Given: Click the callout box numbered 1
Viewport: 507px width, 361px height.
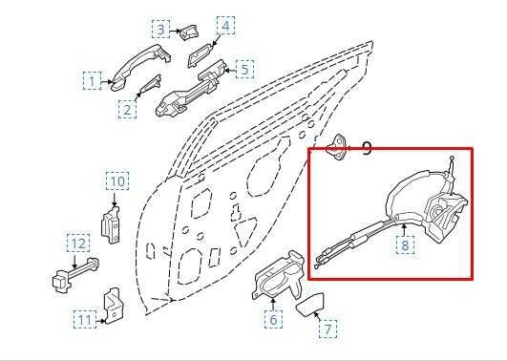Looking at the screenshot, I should click(93, 81).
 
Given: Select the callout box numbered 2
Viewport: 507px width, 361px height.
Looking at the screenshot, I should click(127, 110).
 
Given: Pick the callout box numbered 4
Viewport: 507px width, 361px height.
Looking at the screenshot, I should click(225, 25).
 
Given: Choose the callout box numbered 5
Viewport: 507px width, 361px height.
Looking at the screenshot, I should click(245, 69).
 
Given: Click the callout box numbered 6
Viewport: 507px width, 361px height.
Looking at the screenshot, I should click(273, 320).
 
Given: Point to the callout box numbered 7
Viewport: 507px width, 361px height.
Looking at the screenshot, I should click(327, 329).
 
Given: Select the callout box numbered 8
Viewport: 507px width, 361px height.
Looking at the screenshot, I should click(406, 244).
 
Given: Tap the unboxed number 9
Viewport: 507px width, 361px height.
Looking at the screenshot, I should click(367, 149).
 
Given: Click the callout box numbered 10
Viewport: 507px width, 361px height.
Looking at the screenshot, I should click(116, 181).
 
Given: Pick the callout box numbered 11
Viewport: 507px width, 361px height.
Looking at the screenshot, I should click(85, 320).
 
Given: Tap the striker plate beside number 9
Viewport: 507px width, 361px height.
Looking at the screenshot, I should click(338, 147).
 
